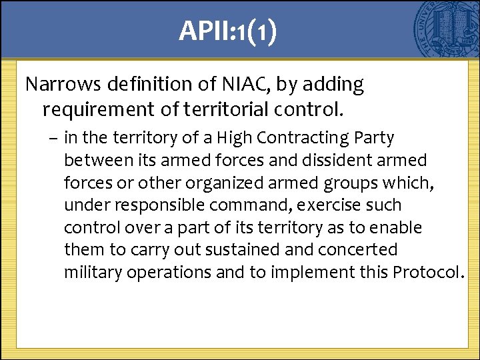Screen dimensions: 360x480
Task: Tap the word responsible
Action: pyautogui.click(x=154, y=205)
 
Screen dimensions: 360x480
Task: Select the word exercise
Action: pyautogui.click(x=313, y=205)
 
